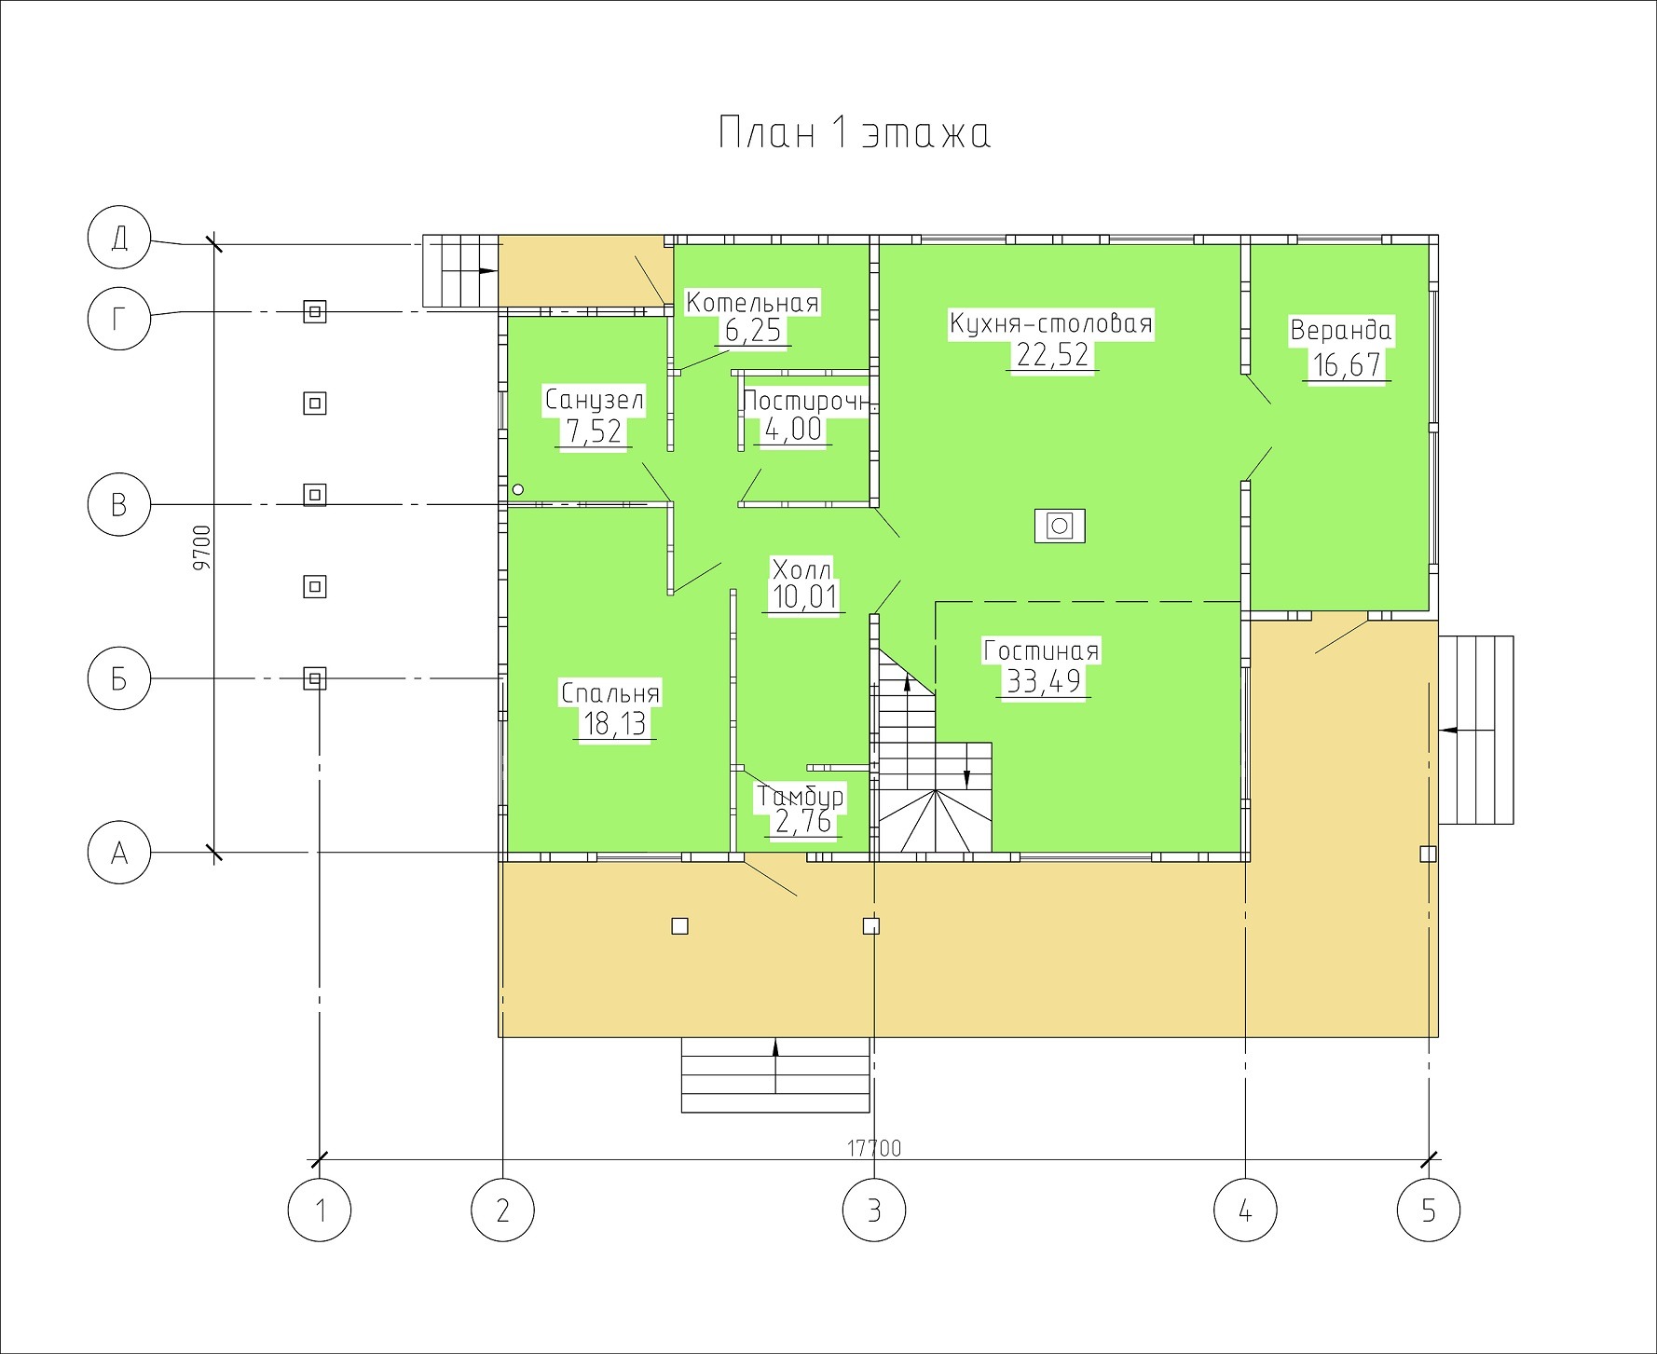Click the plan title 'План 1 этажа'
[x=854, y=133]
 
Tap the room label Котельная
[x=752, y=303]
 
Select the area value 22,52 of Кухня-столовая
[x=1052, y=355]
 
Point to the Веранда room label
[x=1340, y=331]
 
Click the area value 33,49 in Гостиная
[x=1044, y=681]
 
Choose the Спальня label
[x=610, y=693]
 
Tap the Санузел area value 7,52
[x=594, y=431]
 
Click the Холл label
[x=801, y=569]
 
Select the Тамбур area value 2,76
[x=801, y=822]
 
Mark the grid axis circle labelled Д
[x=118, y=239]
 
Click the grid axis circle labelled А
[x=118, y=853]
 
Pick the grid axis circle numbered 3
[x=873, y=1210]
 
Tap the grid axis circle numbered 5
[x=1429, y=1210]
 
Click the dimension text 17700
[x=873, y=1148]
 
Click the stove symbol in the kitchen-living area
[x=1059, y=526]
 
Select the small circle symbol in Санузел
[x=518, y=488]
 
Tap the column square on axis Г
[x=315, y=310]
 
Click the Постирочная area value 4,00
[x=793, y=430]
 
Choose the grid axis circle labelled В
[x=118, y=504]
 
